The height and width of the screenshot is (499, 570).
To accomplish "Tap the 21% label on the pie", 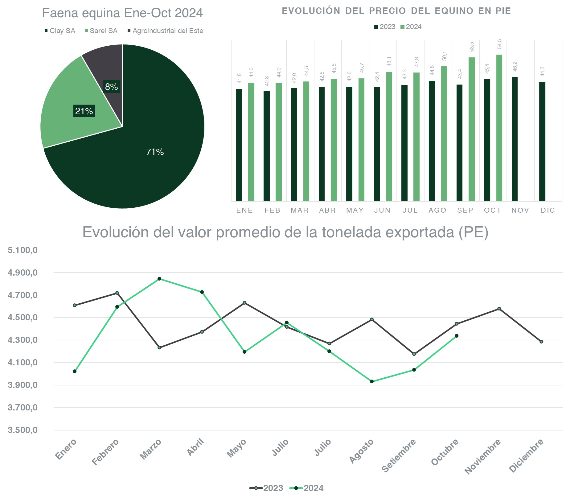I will [84, 111].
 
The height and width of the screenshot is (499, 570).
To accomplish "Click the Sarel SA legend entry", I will [103, 31].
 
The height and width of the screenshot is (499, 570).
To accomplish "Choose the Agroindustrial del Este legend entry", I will [168, 31].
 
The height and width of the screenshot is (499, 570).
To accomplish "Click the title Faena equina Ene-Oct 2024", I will [122, 13].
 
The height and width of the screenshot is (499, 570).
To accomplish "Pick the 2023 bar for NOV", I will [515, 139].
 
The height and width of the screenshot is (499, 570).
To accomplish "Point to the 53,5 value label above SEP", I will [472, 47].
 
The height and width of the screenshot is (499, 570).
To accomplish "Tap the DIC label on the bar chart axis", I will [548, 210].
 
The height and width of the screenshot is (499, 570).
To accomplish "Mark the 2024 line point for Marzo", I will [159, 279].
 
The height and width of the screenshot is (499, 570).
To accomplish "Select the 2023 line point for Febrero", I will [117, 293].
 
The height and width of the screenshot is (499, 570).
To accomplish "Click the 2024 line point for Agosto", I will [372, 381].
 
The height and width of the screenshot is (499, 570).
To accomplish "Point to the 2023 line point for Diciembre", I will [541, 342].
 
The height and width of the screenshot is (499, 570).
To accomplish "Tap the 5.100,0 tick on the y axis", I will [23, 250].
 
